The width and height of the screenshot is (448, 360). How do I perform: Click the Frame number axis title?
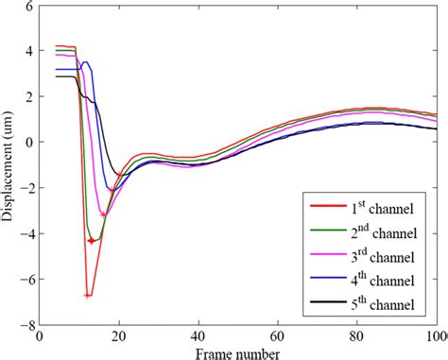click(x=237, y=351)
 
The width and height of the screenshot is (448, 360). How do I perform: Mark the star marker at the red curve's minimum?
click(x=87, y=296)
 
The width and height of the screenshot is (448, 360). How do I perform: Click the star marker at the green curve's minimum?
click(x=92, y=241)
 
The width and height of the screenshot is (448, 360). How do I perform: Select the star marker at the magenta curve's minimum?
click(x=102, y=215)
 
